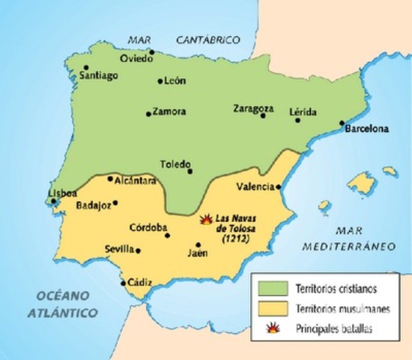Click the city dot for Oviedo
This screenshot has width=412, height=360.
point(151,53)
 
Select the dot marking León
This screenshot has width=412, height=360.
point(160,81)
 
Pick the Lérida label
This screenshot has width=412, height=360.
point(303,112)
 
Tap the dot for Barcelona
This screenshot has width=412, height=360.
point(342,122)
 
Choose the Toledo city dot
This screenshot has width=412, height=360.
point(190,171)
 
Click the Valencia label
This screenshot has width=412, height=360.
point(254,186)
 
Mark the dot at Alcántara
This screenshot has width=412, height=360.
point(110,178)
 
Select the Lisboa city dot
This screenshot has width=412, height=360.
point(52,201)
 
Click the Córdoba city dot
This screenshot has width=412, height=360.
point(168,235)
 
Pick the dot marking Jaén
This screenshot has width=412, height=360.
point(198,244)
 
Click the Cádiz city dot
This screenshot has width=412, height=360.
point(124,283)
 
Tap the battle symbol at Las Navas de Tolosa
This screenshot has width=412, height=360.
point(206,219)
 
